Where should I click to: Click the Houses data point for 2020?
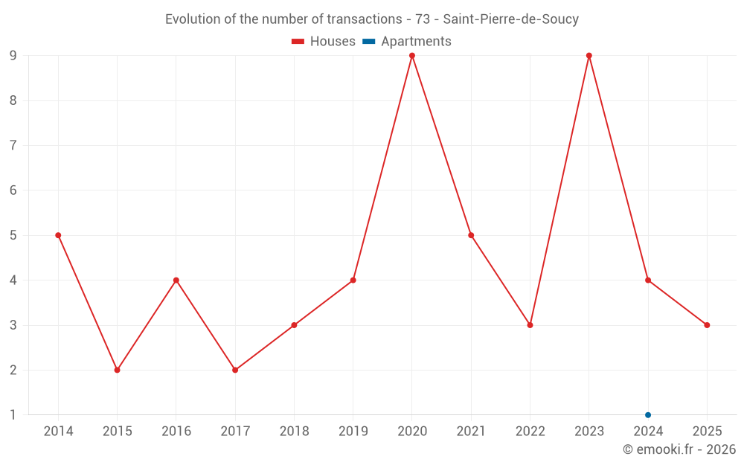click(412, 56)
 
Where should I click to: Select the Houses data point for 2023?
click(589, 56)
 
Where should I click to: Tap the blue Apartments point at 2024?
click(648, 415)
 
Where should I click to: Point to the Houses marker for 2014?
click(58, 235)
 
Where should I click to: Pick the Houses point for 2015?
click(117, 370)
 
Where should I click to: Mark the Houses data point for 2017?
click(235, 370)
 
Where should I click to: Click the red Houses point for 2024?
click(648, 280)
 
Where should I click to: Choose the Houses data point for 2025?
click(707, 325)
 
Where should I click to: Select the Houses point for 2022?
click(530, 325)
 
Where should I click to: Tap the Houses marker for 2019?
click(353, 280)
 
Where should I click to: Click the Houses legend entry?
click(324, 42)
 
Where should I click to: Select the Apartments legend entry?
click(407, 42)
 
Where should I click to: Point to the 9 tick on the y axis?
click(13, 56)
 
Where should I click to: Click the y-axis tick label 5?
click(13, 235)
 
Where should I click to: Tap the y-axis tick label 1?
click(13, 415)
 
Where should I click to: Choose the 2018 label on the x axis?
click(294, 432)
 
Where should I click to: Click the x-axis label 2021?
click(471, 432)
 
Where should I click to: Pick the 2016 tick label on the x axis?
click(176, 432)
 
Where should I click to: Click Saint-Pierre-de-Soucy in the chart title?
click(511, 19)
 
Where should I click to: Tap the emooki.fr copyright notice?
click(679, 449)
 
